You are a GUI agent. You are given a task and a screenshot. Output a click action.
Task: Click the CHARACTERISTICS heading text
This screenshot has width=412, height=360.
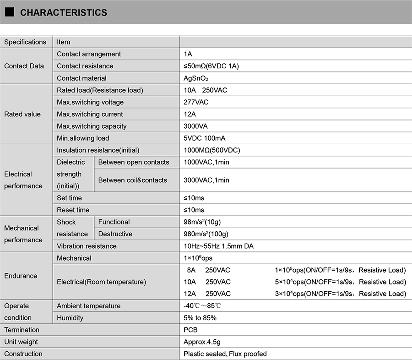click(64, 13)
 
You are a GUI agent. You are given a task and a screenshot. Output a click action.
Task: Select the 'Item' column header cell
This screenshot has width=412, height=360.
click(64, 42)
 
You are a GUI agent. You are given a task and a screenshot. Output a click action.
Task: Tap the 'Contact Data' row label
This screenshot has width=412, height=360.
click(24, 66)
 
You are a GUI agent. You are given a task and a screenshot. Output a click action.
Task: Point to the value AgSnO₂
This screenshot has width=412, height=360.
click(196, 78)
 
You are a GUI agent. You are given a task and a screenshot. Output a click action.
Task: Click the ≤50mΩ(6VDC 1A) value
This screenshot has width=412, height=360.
click(211, 66)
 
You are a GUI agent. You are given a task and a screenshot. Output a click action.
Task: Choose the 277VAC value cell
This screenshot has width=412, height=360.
click(196, 102)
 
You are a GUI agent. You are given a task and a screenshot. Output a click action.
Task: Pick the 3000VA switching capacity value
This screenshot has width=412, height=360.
click(195, 126)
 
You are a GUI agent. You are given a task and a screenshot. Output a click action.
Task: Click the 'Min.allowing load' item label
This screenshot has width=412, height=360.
click(83, 138)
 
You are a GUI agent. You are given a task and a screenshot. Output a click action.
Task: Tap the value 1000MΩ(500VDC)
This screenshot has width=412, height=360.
click(212, 150)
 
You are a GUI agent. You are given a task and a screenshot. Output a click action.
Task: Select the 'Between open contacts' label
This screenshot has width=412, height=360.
click(134, 162)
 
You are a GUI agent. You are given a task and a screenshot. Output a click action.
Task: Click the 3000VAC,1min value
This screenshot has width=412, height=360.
click(206, 180)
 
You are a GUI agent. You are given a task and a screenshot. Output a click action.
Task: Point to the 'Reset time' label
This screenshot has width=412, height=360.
click(73, 210)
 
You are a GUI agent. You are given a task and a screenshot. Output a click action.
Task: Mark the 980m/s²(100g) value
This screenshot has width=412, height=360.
click(206, 234)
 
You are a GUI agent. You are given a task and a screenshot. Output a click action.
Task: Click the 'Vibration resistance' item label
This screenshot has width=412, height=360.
click(87, 246)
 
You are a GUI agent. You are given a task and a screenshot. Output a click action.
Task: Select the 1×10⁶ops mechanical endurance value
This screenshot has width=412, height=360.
click(198, 258)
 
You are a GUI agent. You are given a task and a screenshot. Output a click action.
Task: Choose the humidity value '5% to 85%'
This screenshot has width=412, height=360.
click(200, 318)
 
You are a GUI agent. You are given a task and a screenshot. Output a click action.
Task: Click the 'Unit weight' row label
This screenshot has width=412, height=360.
click(21, 342)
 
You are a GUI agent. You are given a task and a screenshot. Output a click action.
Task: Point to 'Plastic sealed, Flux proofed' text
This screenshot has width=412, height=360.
click(225, 354)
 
